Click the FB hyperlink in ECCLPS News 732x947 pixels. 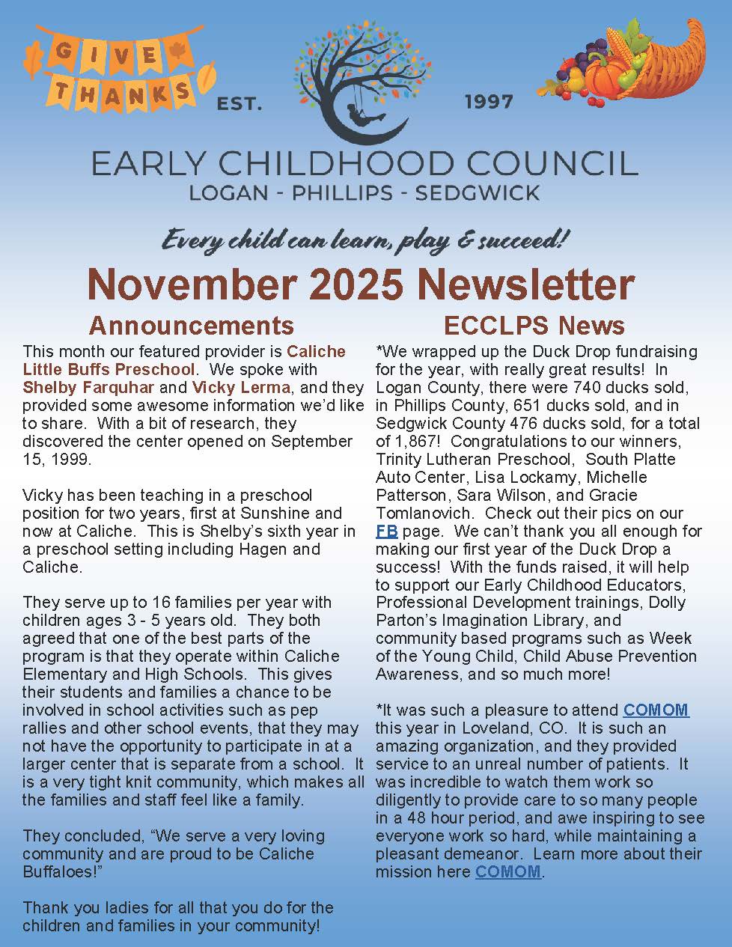click(x=385, y=532)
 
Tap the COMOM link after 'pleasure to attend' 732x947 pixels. click(x=656, y=710)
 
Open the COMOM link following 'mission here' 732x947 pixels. click(x=507, y=871)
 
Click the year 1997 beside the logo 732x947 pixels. click(x=489, y=101)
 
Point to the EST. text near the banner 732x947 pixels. click(x=240, y=104)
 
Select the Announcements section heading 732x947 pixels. click(x=191, y=325)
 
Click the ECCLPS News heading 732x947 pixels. click(x=534, y=325)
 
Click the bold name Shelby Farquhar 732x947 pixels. click(x=88, y=387)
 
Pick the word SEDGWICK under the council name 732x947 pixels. click(x=477, y=192)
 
